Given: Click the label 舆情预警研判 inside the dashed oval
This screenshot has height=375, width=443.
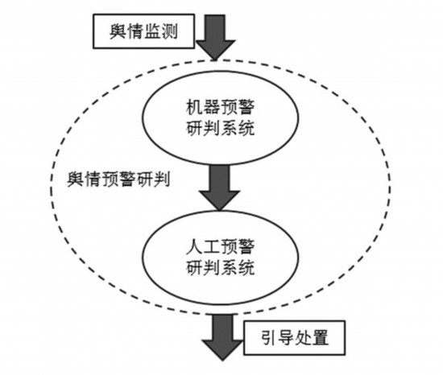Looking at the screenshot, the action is point(118,179).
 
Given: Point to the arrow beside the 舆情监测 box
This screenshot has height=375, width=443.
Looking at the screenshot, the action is point(216,38).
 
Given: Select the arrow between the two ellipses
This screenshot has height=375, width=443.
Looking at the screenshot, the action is point(220,187).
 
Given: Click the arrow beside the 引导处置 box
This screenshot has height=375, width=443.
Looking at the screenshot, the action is point(222,337).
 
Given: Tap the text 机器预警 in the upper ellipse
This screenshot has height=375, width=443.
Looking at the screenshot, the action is point(220,107).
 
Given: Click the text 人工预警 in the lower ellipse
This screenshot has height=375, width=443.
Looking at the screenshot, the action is point(220,246).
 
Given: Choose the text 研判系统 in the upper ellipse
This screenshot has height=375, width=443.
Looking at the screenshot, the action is point(220,128).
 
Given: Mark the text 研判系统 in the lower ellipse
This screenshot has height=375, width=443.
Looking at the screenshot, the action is point(220,268).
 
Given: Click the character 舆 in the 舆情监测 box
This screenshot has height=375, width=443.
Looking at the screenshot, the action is point(118,31).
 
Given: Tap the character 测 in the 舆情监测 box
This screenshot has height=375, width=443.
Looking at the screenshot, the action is point(169,31).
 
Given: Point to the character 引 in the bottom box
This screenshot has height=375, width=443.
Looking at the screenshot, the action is point(269,337).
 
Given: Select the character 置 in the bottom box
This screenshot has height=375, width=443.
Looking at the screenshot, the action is point(320,337).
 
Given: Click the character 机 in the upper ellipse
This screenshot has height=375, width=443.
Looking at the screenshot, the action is point(194,107).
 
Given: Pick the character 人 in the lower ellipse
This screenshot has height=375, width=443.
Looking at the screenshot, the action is point(194,246).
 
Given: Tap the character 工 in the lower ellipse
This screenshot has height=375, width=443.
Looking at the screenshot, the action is point(211,246).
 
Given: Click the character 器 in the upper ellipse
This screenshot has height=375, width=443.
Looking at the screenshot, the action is point(211,107).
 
